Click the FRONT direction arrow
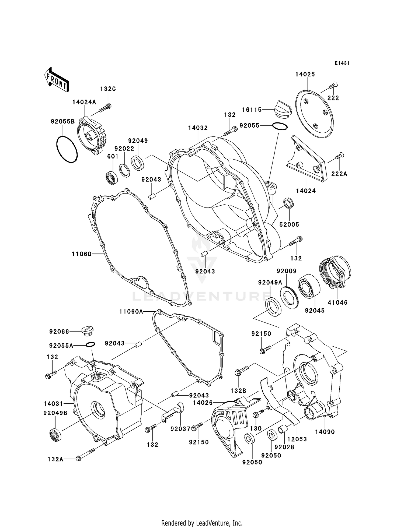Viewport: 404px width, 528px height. coord(57,80)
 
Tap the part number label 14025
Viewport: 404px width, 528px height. coord(305,74)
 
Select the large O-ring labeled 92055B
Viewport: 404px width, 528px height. coord(67,149)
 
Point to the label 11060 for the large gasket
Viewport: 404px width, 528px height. coord(82,254)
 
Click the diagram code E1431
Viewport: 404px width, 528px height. coord(342,63)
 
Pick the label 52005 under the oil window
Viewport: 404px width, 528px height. coord(289,224)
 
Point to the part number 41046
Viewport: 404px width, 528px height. coord(337,302)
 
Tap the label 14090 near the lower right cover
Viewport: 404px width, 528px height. coord(325,432)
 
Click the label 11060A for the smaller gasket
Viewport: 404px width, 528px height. coord(131,312)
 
